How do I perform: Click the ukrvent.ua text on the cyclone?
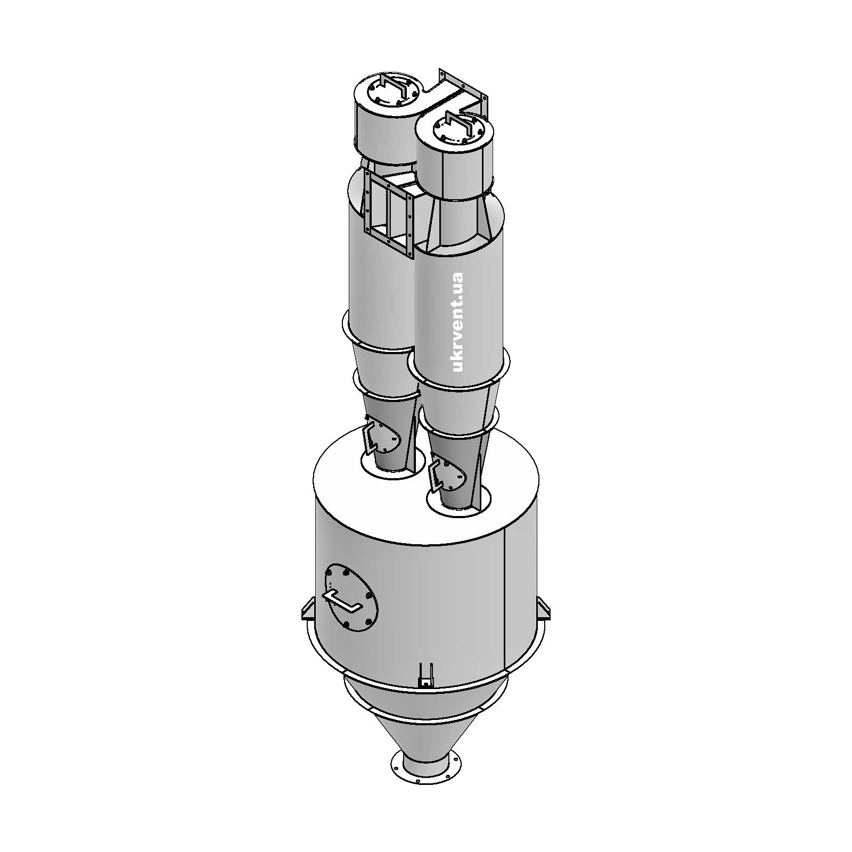[456, 322]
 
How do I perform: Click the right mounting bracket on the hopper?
[543, 608]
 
